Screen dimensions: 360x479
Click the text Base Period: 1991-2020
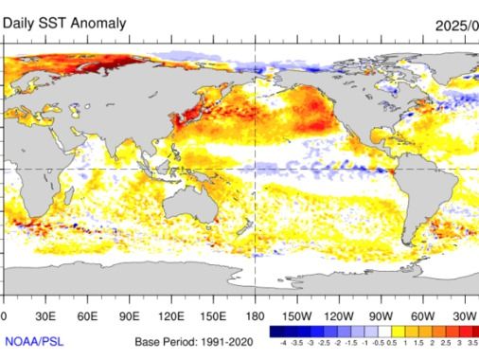click(192, 339)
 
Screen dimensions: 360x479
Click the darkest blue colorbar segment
click(275, 333)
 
